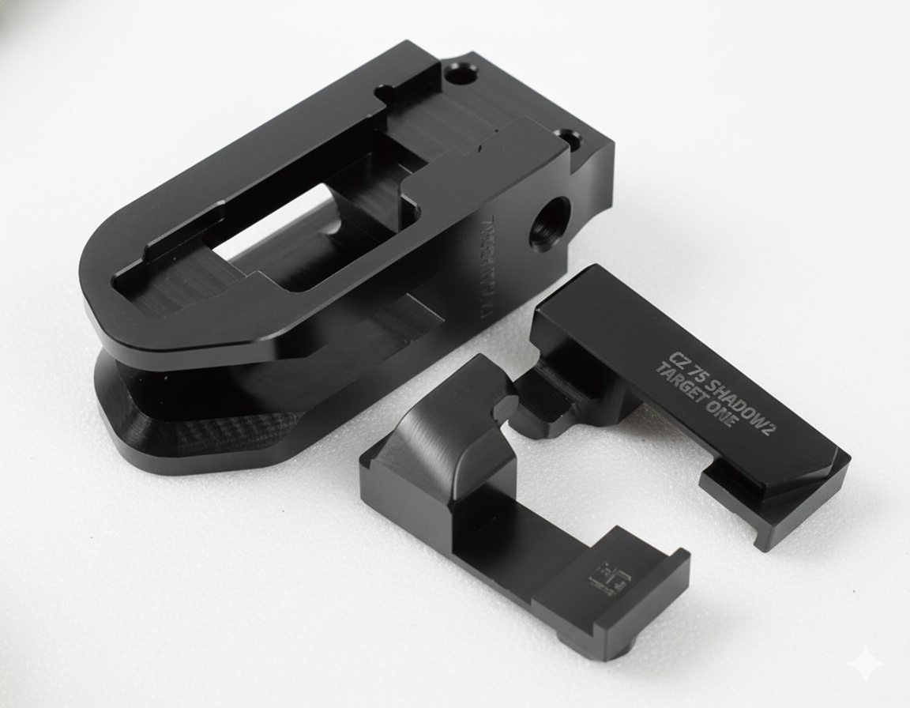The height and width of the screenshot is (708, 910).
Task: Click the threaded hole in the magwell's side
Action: click(550, 223)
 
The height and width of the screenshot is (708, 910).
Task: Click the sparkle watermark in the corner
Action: click(867, 664)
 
